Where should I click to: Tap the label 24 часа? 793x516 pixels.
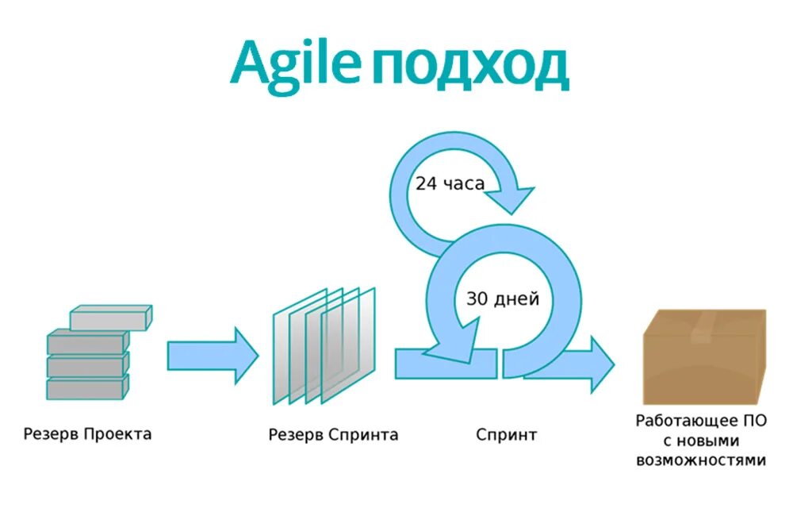450,183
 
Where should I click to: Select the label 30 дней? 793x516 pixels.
503,299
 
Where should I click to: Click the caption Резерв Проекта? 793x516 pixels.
87,434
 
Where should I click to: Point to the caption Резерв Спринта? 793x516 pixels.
333,435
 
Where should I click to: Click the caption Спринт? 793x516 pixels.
507,435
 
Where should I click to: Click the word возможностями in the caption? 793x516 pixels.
701,460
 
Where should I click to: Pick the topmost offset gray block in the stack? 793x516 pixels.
110,318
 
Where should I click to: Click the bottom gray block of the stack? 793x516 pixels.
86,388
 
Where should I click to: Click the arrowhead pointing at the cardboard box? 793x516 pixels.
600,363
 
